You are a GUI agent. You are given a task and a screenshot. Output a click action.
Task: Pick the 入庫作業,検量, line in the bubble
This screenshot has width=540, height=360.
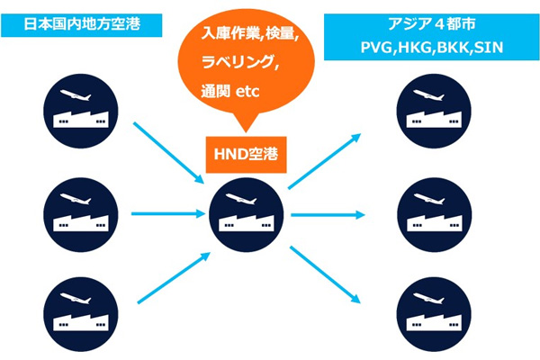point(245,35)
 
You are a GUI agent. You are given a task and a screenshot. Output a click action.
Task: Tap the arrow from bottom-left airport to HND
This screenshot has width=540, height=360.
point(169,276)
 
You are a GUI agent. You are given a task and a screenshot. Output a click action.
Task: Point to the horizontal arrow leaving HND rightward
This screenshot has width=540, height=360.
point(327,214)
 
